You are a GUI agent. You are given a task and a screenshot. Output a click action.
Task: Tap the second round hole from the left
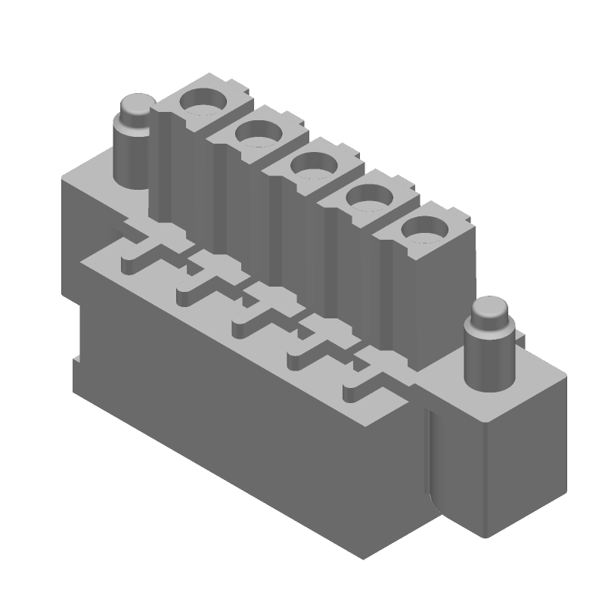pos(258,134)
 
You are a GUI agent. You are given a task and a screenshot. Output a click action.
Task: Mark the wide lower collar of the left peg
pos(133,159)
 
